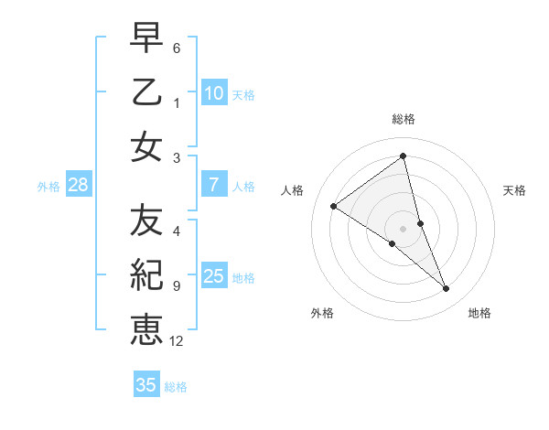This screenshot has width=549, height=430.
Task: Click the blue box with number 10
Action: [213, 92]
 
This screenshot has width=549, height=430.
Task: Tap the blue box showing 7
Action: [213, 185]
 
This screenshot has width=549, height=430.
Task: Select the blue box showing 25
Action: [213, 276]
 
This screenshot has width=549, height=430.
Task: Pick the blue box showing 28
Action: [78, 185]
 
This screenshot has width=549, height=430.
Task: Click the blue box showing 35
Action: [146, 385]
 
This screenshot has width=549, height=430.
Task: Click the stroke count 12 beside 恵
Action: [177, 341]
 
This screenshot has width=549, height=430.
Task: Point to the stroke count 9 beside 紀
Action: [177, 286]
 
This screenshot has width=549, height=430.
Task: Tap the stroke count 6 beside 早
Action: [177, 48]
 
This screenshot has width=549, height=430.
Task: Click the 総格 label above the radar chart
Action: [403, 119]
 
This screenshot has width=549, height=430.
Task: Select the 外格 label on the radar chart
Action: [322, 314]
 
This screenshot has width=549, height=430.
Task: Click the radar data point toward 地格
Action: [447, 289]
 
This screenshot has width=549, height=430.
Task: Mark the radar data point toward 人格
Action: [333, 206]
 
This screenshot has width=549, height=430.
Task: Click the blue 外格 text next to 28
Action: [48, 187]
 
